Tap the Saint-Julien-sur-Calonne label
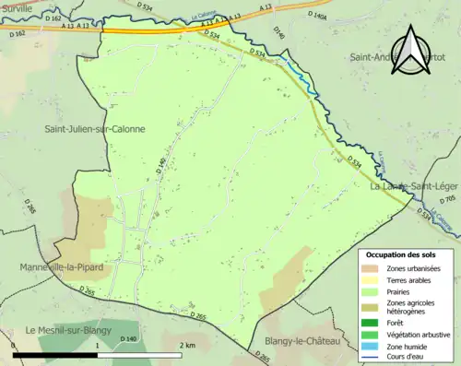point(95,129)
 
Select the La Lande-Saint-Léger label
point(413,185)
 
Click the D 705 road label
point(448,199)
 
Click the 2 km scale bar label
point(187,345)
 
